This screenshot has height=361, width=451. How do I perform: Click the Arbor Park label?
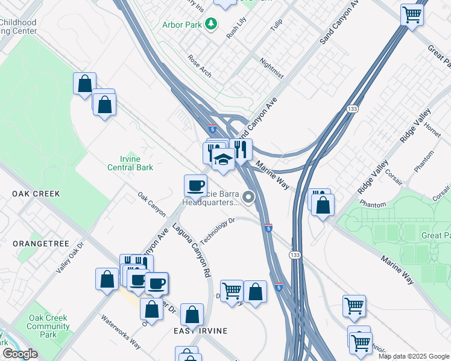[x=181, y=25]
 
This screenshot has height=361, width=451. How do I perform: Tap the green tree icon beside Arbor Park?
[x=211, y=24]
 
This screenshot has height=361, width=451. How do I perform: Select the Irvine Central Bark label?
[x=130, y=163]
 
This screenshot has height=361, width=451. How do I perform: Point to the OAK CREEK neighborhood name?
[x=36, y=194]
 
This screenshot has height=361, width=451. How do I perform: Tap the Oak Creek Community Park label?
[x=48, y=326]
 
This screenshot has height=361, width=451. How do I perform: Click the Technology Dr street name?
[x=216, y=230]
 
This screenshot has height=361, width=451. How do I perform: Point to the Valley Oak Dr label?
[x=71, y=258]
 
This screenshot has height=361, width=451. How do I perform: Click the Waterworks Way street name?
[x=121, y=332]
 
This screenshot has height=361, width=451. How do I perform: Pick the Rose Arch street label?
[x=200, y=66]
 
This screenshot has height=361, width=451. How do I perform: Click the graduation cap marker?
[x=223, y=160]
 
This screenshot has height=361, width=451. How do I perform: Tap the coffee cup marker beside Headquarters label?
[x=195, y=185]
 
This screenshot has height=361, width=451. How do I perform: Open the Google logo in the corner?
[x=20, y=354]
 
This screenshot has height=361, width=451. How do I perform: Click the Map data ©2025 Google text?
[x=414, y=356]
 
